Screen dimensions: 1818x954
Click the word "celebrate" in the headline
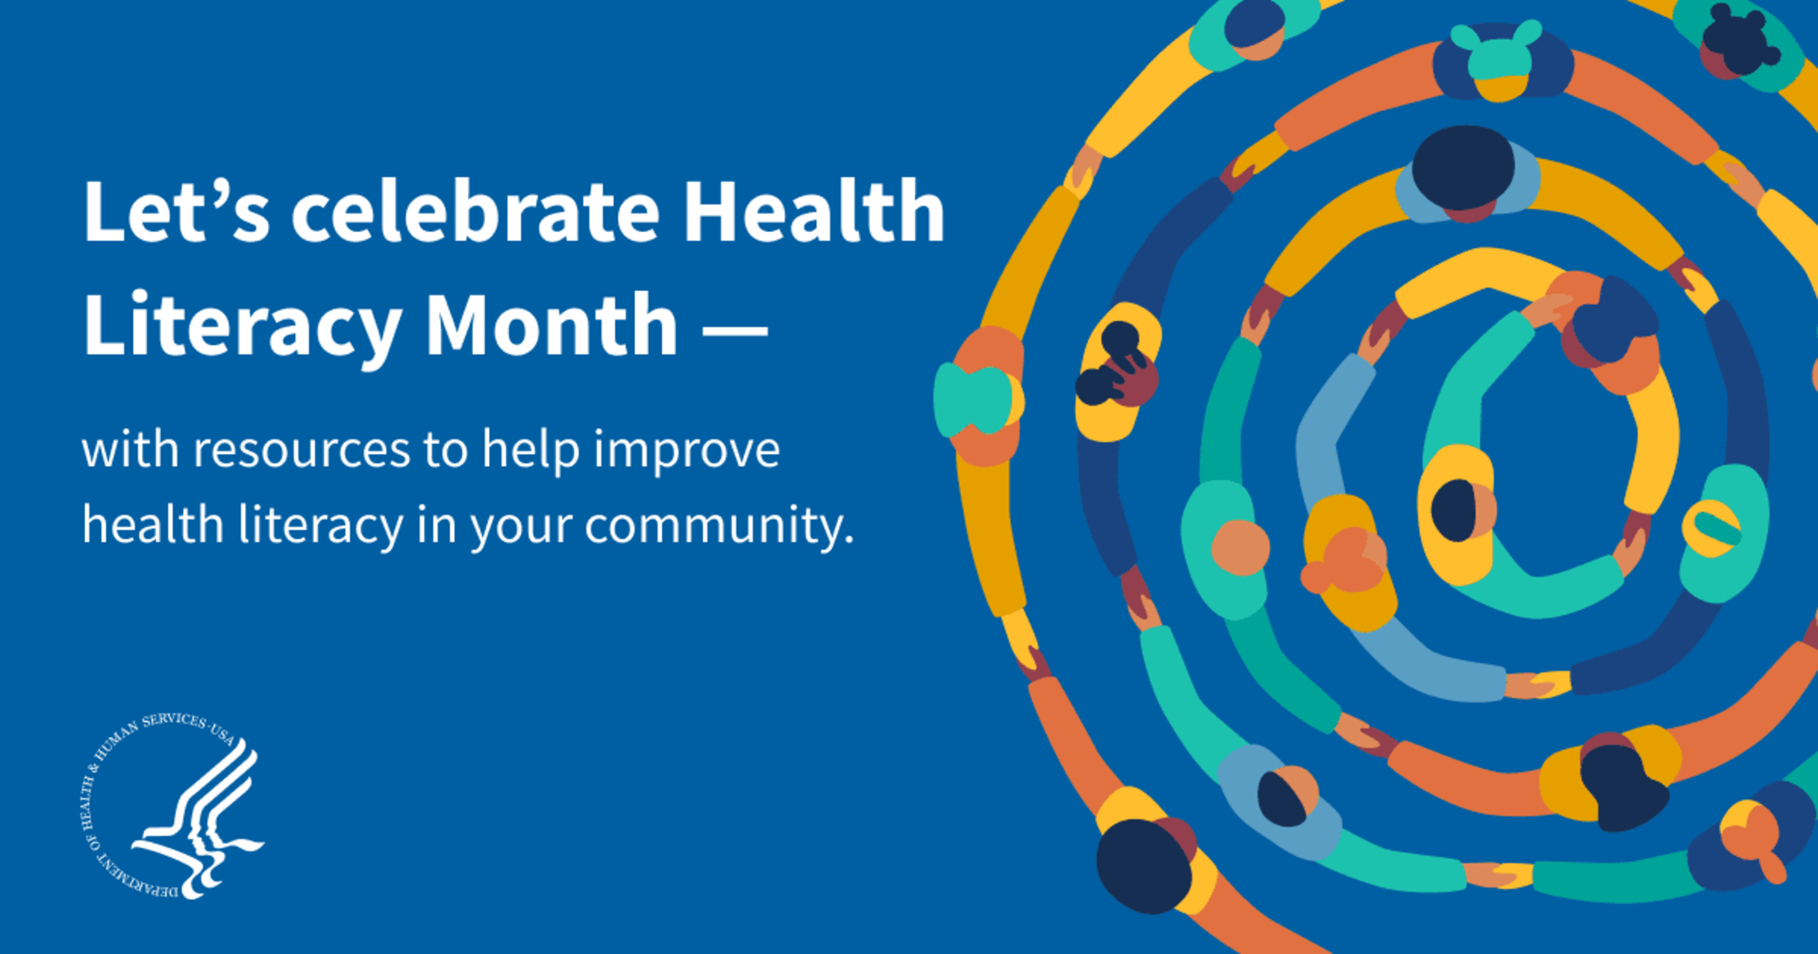pyautogui.click(x=476, y=211)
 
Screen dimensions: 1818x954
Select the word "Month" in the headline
pyautogui.click(x=551, y=324)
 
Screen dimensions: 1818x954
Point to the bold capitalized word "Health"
pyautogui.click(x=814, y=210)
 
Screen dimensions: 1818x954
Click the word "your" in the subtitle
pyautogui.click(x=521, y=529)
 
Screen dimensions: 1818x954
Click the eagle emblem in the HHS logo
pyautogui.click(x=199, y=819)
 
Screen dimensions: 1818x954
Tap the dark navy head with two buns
pyautogui.click(x=1740, y=37)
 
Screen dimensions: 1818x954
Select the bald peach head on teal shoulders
pyautogui.click(x=1240, y=547)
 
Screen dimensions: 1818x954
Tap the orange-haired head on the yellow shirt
pyautogui.click(x=1345, y=560)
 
